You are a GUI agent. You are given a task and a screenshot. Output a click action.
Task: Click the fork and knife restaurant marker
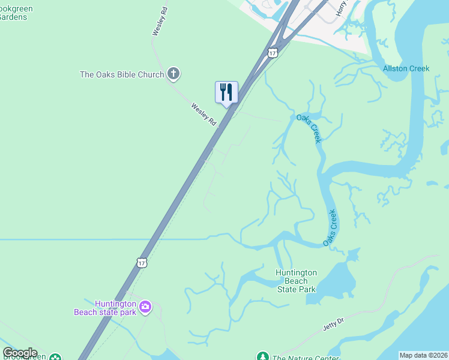[x=226, y=92]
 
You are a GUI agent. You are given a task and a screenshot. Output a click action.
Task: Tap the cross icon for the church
[x=173, y=74]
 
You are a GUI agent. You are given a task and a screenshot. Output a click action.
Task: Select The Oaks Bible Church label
[x=122, y=75]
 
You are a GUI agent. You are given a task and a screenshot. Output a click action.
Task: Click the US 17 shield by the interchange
[x=273, y=53]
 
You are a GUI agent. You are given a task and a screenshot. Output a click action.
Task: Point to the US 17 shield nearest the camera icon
[x=141, y=262]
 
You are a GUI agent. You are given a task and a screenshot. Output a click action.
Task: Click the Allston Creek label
[x=406, y=68]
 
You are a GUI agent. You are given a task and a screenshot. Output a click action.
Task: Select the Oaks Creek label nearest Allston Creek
[x=309, y=128]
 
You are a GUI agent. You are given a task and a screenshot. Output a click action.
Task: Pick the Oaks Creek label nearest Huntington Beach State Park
[x=331, y=227]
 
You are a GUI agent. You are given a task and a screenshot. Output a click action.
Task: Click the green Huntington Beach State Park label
[x=295, y=281]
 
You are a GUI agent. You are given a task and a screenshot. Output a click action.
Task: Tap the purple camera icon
[x=145, y=307]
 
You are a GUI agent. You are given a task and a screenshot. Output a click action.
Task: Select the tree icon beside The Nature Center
[x=262, y=356]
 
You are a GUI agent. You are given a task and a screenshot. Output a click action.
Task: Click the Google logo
[x=20, y=353]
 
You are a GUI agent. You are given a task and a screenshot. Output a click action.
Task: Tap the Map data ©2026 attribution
[x=424, y=355]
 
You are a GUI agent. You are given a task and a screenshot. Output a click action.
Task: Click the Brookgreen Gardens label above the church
[x=16, y=13]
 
